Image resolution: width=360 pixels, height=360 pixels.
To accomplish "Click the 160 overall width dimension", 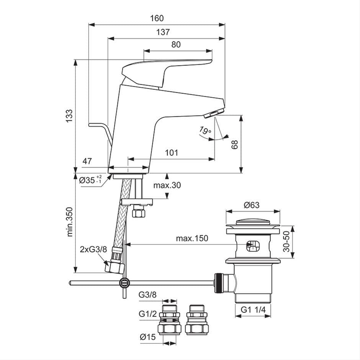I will pos(157,18).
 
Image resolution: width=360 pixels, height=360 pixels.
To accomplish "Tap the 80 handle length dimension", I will pos(176,44).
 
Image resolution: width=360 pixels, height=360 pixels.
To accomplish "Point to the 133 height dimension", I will pos(69,116).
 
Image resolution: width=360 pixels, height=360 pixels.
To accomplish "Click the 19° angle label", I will pos(205,131).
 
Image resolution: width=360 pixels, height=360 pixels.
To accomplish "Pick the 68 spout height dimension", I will pos(234,144).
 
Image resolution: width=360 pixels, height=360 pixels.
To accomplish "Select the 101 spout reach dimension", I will pos(171,153).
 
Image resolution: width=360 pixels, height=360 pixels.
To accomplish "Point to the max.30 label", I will pos(167,185).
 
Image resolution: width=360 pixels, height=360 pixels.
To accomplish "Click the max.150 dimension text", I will pos(192,239).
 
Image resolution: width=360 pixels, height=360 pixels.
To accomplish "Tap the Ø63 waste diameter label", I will pos(252,205).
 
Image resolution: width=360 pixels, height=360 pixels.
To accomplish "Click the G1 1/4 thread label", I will pos(253,310).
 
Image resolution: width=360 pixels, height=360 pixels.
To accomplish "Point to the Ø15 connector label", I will pos(147,337).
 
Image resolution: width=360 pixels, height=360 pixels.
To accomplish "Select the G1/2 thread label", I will pos(147,314).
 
